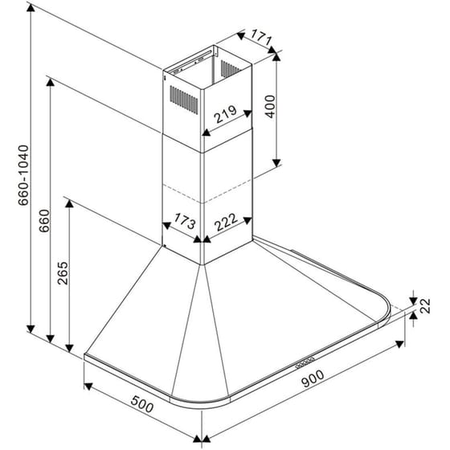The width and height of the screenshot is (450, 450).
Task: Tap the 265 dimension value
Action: (x=63, y=276)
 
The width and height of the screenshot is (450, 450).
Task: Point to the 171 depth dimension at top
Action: (x=258, y=37)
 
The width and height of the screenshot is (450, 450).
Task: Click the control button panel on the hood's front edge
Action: (x=307, y=362)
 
